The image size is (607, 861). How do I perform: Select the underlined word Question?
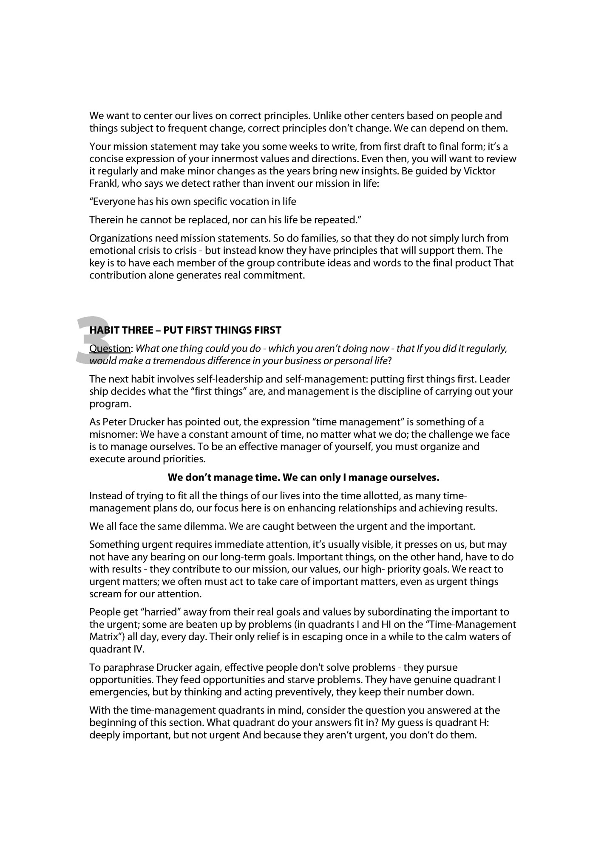pos(110,349)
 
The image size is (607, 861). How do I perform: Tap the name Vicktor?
pos(479,171)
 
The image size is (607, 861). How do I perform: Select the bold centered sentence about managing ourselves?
pos(303,478)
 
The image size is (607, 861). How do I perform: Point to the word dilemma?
pos(198,526)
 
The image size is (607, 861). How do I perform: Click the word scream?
pos(104,594)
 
